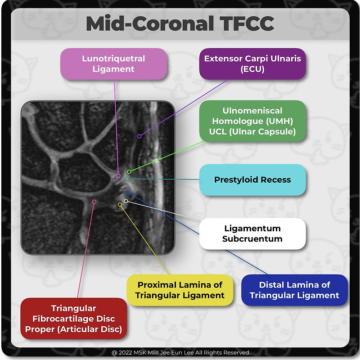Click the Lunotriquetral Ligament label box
113,64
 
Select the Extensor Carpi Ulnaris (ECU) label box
252,64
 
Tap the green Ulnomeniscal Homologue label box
252,121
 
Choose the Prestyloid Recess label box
252,180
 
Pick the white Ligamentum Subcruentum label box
252,234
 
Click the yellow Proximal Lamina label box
180,290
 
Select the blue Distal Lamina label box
294,290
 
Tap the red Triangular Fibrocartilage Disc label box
73,319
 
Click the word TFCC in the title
247,23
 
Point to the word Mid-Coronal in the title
150,23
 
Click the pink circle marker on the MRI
118,175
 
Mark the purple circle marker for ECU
139,136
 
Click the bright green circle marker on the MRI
129,171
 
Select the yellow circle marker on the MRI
120,204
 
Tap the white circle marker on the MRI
126,201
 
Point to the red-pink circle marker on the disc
94,202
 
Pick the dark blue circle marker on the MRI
128,193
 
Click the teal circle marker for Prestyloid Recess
127,179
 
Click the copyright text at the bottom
181,352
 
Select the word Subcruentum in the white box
252,239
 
